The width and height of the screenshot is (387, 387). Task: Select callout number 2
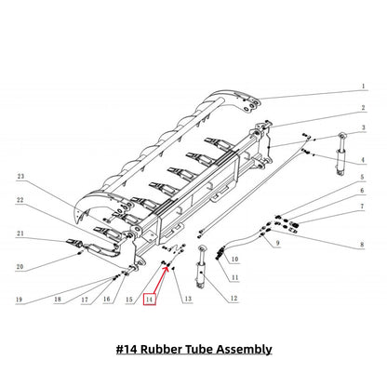[x=363, y=107]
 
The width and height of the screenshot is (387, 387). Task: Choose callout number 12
[x=234, y=298]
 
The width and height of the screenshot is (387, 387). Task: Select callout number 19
[x=20, y=299]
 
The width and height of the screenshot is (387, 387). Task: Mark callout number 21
[x=20, y=234]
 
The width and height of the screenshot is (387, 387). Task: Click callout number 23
[x=20, y=174]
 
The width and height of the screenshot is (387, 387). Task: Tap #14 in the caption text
[x=130, y=349]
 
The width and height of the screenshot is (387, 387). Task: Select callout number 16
[x=107, y=299]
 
